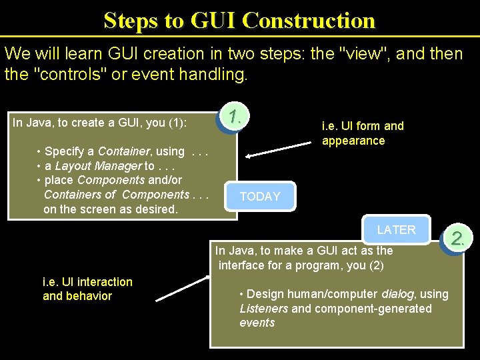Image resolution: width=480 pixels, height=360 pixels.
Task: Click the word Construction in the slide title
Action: pos(309,20)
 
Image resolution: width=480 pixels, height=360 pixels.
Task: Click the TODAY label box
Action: pos(260,197)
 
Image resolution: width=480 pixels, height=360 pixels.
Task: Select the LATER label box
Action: pos(396,230)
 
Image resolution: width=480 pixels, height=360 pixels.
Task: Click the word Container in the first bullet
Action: pos(125,151)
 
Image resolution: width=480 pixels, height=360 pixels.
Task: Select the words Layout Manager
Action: pos(98,165)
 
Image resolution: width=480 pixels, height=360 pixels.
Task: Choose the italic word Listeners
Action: pos(264,309)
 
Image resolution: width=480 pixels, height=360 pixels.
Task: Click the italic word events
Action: pos(257,323)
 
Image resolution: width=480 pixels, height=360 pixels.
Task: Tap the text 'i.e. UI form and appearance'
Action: pos(363,133)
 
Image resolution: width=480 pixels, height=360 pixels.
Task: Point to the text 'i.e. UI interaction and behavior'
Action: pos(87,289)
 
